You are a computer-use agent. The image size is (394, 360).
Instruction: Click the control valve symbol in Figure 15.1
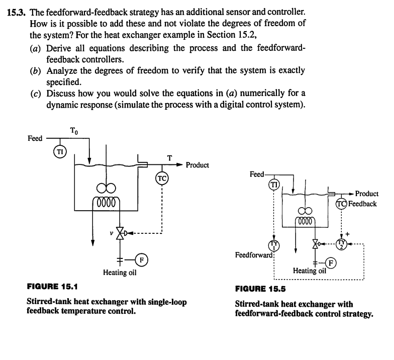click(x=120, y=233)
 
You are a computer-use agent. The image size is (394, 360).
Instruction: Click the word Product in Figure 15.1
click(x=198, y=165)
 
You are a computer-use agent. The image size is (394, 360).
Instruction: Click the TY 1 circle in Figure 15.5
click(x=274, y=245)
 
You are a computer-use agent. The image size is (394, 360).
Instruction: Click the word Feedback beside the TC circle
click(x=363, y=204)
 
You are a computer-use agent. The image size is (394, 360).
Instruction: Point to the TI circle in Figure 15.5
click(x=274, y=185)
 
